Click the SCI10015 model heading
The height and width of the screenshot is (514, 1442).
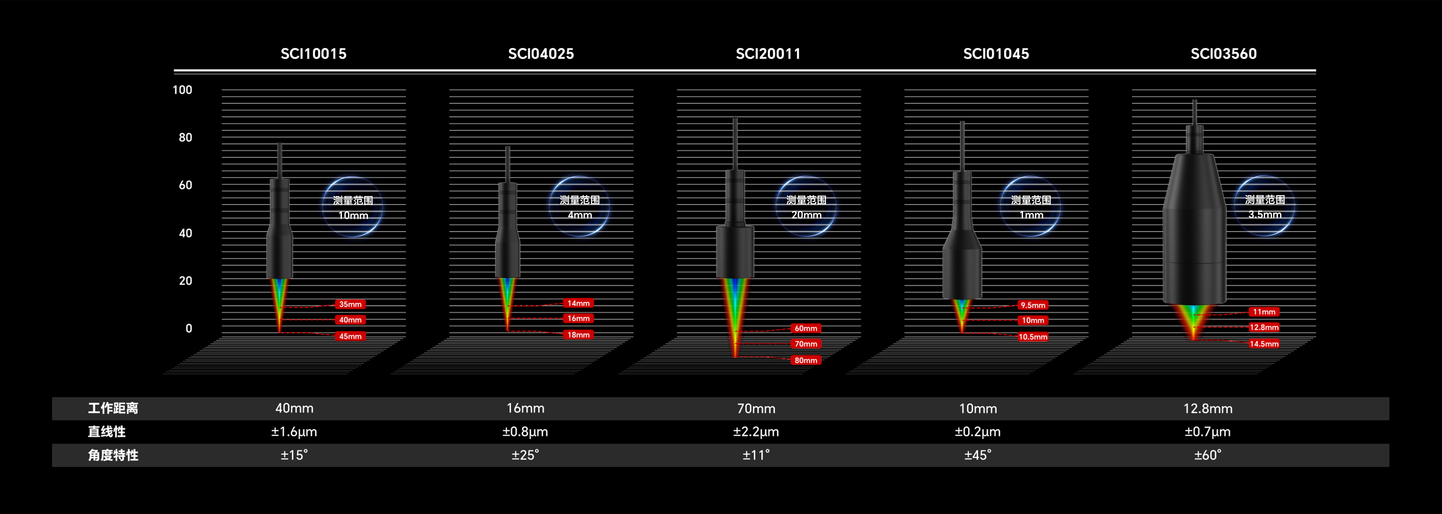[x=313, y=54]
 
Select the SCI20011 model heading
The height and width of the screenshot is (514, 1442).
[x=768, y=54]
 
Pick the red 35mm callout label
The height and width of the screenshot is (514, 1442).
[x=350, y=304]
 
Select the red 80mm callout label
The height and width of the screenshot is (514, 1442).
[x=805, y=360]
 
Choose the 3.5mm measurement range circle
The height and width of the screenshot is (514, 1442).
[x=1264, y=206]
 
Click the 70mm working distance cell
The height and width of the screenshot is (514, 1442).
[x=756, y=408]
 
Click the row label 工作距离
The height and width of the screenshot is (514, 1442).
[x=113, y=408]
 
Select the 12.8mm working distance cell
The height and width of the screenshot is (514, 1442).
[x=1207, y=408]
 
